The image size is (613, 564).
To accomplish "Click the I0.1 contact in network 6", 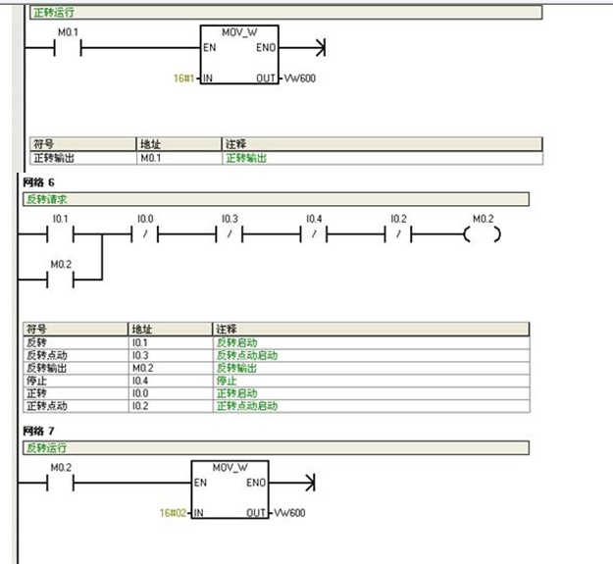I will [61, 235].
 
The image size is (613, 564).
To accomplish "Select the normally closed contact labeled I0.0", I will [145, 235].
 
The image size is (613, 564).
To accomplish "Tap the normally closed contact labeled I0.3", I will [230, 235].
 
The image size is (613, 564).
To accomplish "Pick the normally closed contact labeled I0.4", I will [314, 235].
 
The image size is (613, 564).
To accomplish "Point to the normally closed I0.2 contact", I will [398, 235].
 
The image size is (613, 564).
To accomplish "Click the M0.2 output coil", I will [483, 235].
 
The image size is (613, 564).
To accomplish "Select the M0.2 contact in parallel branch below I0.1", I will [61, 279].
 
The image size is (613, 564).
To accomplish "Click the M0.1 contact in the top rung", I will [67, 47].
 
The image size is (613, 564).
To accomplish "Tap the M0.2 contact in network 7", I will [61, 483].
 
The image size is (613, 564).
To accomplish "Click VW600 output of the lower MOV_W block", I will [291, 513].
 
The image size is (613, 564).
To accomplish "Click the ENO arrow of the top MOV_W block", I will [317, 47].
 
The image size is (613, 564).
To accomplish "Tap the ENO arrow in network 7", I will [308, 483].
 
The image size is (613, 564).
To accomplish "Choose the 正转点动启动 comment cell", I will [247, 405].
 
